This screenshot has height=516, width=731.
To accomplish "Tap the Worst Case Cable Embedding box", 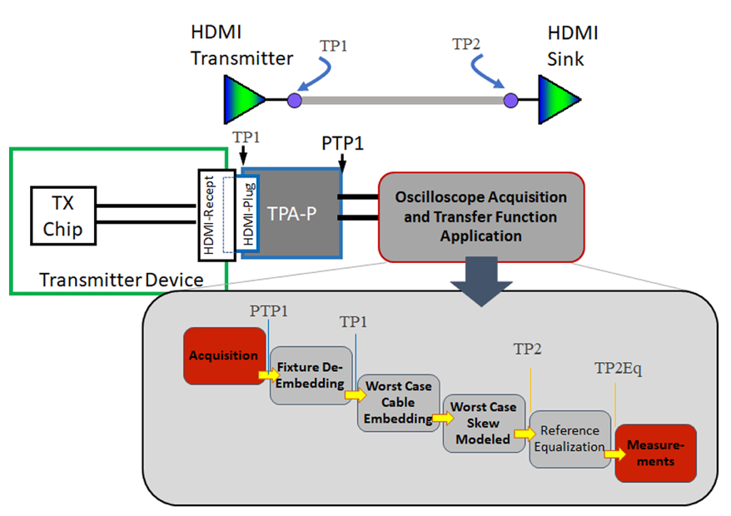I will coord(399,403).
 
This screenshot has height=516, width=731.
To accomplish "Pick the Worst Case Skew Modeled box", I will coord(484,423).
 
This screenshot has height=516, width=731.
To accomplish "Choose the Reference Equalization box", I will coord(569,439).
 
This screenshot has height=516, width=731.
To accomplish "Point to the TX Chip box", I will coord(63,216).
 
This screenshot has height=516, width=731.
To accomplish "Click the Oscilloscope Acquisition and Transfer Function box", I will coord(481,216).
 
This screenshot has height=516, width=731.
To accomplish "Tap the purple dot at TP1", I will coord(294,101).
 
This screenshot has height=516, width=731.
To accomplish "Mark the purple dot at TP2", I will coord(510,101).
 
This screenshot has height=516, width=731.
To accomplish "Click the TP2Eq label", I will coord(618,368).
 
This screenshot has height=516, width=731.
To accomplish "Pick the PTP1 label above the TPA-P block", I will coord(342,144).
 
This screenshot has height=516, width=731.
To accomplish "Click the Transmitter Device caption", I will coord(122,280).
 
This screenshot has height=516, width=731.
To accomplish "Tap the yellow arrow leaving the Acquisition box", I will coord(269,375).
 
